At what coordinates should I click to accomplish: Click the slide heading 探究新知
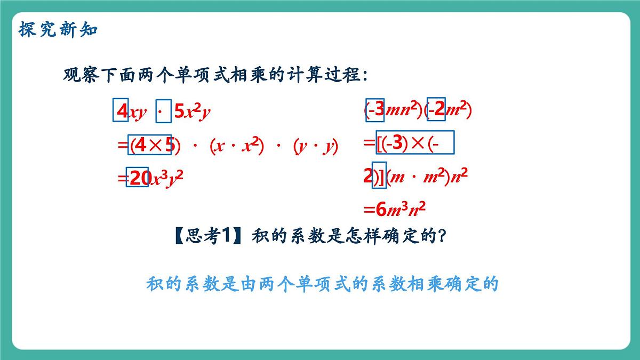58,29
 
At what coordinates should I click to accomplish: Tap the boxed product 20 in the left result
138,178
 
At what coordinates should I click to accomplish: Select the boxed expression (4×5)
151,146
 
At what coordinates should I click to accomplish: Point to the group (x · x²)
237,146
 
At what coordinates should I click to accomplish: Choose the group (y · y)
316,146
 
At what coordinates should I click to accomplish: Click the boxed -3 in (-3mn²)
375,110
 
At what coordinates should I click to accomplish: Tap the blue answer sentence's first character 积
154,284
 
